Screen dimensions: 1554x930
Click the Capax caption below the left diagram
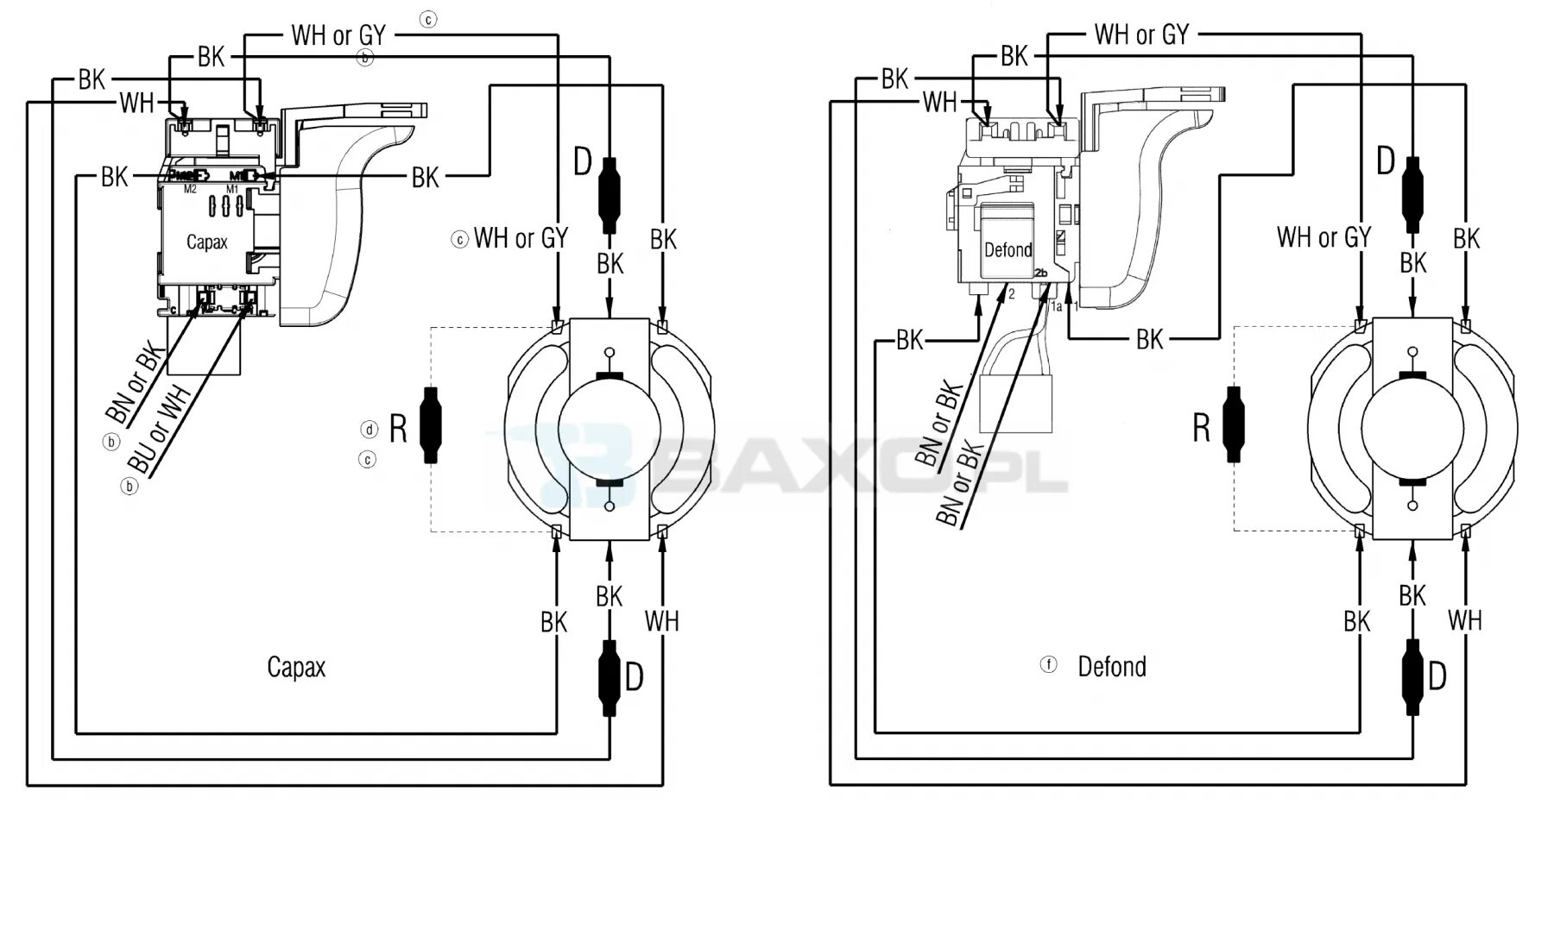[x=296, y=667]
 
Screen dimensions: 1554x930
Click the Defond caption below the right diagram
[x=1112, y=667]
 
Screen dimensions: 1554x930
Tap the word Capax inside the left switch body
[x=207, y=242]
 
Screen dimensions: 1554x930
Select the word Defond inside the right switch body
[x=1008, y=250]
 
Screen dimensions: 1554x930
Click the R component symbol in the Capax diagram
[x=430, y=425]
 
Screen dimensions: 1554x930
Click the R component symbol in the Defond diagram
[x=1234, y=425]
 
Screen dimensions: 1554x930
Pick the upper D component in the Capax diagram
[x=610, y=195]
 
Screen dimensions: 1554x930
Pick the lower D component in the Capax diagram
[x=610, y=678]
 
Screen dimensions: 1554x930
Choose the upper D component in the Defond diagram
[x=1412, y=195]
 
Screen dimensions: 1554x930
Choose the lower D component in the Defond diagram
[x=1412, y=678]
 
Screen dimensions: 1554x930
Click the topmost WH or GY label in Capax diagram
[x=338, y=36]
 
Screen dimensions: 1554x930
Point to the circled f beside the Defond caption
[x=1049, y=665]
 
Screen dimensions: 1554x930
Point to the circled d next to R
[x=370, y=429]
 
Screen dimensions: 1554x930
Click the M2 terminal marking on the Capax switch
[x=189, y=189]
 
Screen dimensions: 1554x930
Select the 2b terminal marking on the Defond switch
[x=1041, y=273]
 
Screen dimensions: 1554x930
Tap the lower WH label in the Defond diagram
[x=1465, y=620]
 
